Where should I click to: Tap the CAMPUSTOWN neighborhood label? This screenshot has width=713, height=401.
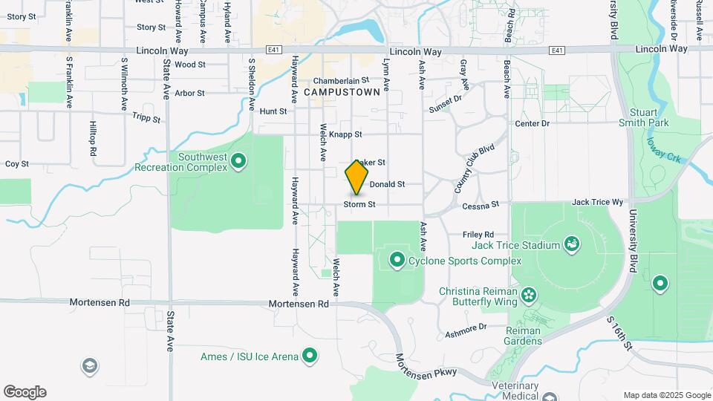click(342, 92)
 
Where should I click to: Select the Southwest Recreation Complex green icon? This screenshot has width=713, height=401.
click(238, 160)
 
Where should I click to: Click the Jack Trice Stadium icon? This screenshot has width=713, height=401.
click(571, 244)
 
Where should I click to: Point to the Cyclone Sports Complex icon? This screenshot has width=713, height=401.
click(397, 261)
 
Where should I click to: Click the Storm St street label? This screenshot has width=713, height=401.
click(359, 204)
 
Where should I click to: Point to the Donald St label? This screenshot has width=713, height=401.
click(387, 184)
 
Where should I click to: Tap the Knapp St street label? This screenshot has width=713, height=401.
click(345, 134)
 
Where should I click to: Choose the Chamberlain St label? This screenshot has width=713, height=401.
click(341, 80)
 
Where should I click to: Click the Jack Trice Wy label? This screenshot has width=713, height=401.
click(596, 202)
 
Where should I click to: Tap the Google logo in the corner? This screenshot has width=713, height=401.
click(25, 392)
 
